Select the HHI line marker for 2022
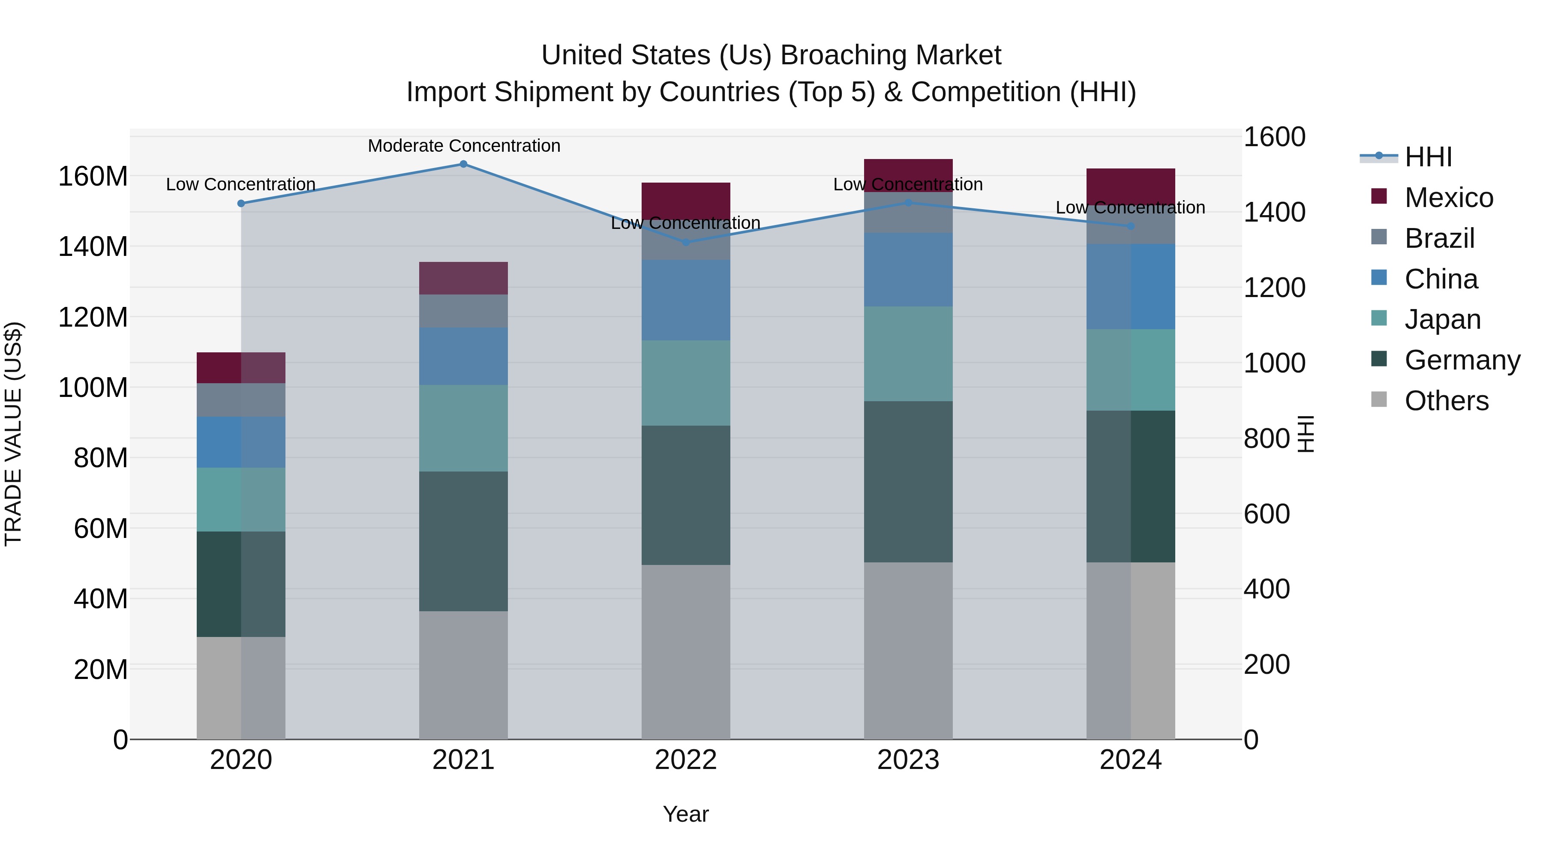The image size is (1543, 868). [x=686, y=243]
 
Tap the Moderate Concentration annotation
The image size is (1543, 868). [x=464, y=146]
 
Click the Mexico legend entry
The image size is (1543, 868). [x=1448, y=198]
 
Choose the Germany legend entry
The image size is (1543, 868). [x=1462, y=360]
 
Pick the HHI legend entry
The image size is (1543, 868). [x=1428, y=157]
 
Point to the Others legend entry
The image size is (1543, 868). [x=1446, y=401]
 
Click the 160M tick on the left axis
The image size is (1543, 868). [x=93, y=177]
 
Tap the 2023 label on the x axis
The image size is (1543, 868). [x=908, y=760]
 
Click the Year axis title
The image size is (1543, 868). [x=685, y=814]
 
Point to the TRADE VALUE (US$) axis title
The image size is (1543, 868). [x=14, y=434]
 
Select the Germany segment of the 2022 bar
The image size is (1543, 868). [x=686, y=495]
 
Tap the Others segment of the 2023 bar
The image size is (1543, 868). [x=908, y=650]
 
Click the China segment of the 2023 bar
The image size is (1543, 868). [x=908, y=270]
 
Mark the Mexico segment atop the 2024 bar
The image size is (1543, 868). [x=1130, y=186]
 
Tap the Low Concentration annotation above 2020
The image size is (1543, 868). [x=241, y=184]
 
